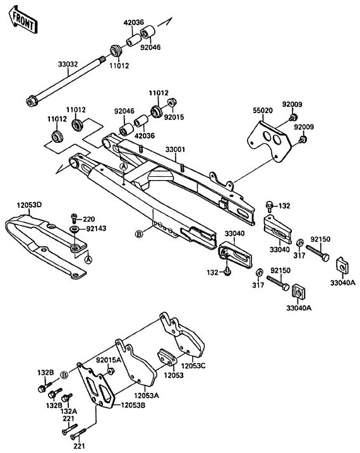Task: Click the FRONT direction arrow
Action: (x=23, y=19)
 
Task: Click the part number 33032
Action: (x=68, y=64)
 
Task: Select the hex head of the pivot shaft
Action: (x=31, y=102)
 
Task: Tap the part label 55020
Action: (x=263, y=110)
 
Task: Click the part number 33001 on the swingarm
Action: (x=175, y=149)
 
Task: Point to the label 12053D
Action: (x=29, y=205)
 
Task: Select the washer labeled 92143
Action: (x=75, y=229)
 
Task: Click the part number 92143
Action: (x=96, y=229)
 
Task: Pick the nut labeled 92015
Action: (x=172, y=102)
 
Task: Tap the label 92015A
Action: (x=109, y=360)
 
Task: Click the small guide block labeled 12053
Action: (x=167, y=358)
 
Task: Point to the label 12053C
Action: (x=193, y=365)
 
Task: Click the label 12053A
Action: (x=147, y=396)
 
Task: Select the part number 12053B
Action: (x=133, y=405)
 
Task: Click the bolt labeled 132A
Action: (x=68, y=397)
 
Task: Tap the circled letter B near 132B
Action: (x=64, y=375)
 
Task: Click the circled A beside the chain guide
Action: (x=88, y=260)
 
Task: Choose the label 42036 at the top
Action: (x=134, y=22)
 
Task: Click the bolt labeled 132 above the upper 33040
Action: (x=270, y=205)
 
